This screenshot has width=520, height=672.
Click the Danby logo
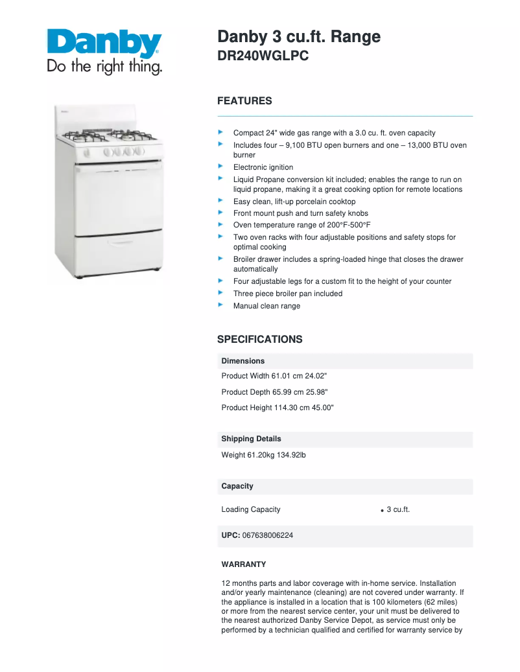click(104, 45)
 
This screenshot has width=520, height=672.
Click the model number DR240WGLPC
click(263, 56)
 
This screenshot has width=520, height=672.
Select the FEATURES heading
click(244, 101)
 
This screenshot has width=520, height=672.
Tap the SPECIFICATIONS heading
click(259, 340)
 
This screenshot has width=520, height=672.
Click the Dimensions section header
click(243, 361)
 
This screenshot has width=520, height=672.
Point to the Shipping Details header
click(251, 439)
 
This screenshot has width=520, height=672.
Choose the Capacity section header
click(237, 486)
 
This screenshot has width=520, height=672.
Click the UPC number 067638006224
click(267, 535)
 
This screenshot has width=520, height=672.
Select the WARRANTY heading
click(244, 564)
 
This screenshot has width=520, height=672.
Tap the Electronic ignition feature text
click(263, 167)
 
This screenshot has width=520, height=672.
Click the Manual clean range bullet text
click(266, 306)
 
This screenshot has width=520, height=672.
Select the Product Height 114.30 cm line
click(278, 408)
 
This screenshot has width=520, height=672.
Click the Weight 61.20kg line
click(263, 455)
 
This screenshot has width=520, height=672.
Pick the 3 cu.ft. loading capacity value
click(398, 509)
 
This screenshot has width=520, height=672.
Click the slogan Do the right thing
click(104, 67)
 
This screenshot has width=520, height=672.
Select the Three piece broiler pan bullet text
click(288, 294)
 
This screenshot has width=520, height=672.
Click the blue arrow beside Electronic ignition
click(221, 167)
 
